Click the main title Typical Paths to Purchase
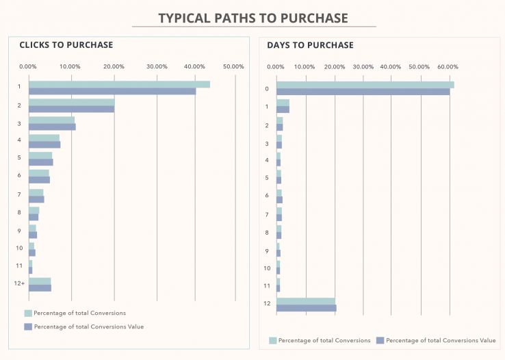tap(253, 18)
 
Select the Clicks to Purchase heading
tap(66, 45)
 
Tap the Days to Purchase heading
tap(310, 45)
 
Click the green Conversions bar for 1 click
tap(119, 84)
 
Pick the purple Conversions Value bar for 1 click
tap(112, 91)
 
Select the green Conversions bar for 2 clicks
tap(71, 102)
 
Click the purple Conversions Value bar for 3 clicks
tap(52, 127)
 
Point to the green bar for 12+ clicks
tap(40, 281)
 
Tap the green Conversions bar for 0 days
tap(365, 85)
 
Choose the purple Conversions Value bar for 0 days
tap(363, 92)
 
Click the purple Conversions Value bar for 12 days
tap(306, 308)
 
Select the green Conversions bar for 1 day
tap(283, 103)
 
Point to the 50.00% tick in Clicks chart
tap(233, 66)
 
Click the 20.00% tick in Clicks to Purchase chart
tap(114, 66)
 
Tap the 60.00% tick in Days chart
tap(448, 66)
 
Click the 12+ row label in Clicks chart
tap(20, 283)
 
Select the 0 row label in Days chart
tap(267, 89)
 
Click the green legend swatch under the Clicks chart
tap(28, 313)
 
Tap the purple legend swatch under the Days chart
tap(380, 340)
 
